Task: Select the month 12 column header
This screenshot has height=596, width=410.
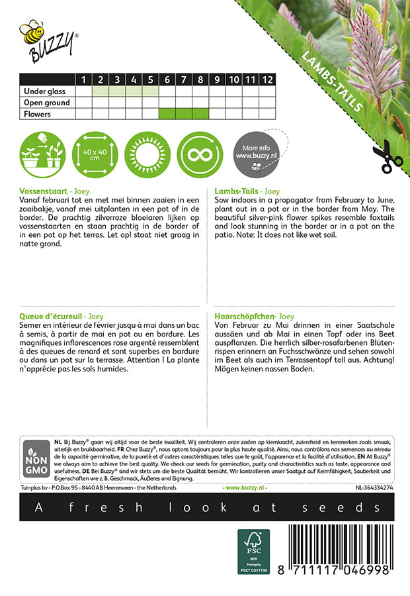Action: pos(266,79)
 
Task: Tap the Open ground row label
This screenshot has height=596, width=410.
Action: pos(47,103)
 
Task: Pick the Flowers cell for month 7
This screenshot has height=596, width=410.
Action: pos(184,114)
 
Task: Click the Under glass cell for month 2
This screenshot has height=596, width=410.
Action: pos(101,91)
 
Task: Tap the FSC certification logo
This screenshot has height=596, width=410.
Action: pos(254,552)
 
